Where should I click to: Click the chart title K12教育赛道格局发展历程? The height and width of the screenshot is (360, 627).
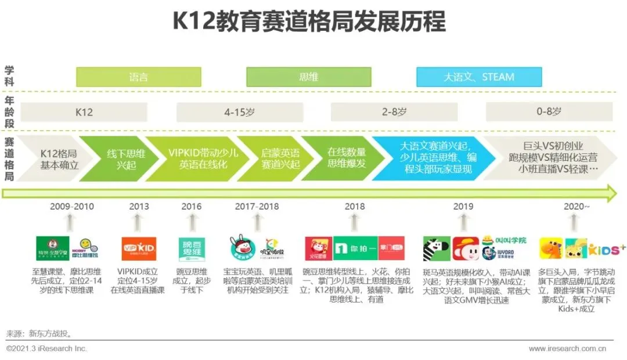(309, 22)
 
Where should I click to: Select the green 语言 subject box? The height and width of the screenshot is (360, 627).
(139, 77)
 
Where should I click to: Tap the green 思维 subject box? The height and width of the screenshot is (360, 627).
(308, 77)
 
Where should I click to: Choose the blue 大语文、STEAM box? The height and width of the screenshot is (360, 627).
(479, 77)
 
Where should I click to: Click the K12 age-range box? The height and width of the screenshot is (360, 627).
(84, 111)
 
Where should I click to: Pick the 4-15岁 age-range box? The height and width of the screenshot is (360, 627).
(239, 111)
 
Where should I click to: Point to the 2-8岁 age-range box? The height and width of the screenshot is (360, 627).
(394, 111)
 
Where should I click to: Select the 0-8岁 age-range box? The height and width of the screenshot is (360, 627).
(549, 111)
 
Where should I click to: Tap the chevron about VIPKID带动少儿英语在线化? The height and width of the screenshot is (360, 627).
(194, 159)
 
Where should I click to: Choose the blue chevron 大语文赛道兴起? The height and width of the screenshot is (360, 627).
(433, 158)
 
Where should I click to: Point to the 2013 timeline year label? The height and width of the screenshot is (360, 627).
(139, 206)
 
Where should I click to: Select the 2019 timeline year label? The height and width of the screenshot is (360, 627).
(463, 206)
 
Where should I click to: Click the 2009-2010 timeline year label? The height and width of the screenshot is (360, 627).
(71, 206)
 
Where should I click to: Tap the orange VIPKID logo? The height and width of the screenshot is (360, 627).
(138, 249)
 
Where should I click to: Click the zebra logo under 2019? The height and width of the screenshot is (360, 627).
(437, 249)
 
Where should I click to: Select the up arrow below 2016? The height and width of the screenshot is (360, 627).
(192, 223)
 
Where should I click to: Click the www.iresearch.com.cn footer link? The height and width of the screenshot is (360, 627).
(567, 348)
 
